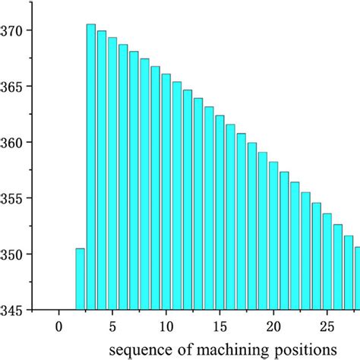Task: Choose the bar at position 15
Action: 219,213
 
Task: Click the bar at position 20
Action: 273,235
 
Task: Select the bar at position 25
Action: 327,261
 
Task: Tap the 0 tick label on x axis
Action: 58,327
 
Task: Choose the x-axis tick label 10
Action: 166,327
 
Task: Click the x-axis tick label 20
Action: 273,327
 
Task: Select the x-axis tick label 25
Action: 327,327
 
